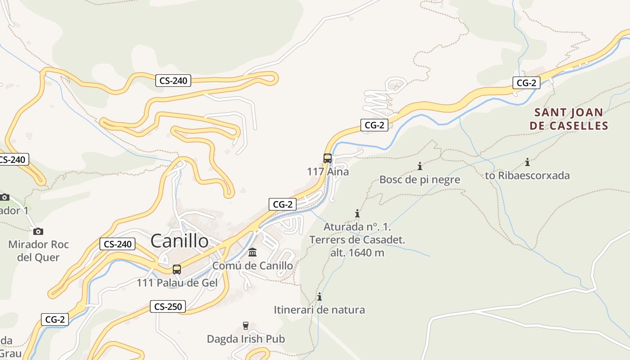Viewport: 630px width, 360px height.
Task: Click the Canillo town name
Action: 180,241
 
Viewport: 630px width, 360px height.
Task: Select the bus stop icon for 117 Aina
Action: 328,158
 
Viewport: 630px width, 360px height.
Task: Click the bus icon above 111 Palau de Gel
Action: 177,270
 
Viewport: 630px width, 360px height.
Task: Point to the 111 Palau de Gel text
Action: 177,283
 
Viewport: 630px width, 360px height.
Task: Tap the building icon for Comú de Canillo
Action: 252,252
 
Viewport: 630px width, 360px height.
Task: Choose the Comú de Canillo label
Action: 252,265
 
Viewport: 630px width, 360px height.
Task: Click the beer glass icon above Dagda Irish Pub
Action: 246,325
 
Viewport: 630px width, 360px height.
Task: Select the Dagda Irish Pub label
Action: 246,339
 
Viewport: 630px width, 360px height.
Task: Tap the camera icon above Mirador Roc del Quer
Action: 38,231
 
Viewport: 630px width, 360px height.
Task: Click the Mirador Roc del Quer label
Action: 38,251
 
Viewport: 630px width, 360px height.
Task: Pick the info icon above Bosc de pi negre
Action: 420,166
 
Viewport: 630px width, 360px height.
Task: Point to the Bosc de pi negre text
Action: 420,180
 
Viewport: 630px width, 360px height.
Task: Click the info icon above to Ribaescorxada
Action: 527,162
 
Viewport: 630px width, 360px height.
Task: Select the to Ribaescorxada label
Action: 527,175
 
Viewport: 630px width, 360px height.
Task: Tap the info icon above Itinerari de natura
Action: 319,297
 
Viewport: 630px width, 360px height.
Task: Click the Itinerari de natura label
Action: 319,310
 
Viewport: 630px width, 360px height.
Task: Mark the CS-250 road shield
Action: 168,307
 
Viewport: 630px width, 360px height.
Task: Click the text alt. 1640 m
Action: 357,252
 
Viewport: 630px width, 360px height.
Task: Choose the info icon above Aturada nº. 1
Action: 357,213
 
